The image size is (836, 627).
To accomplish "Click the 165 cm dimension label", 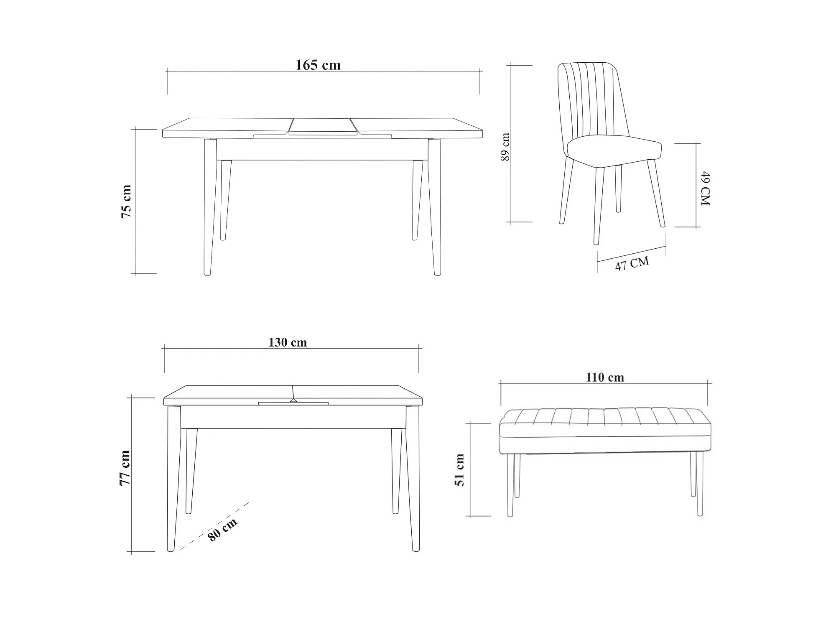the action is click(318, 65).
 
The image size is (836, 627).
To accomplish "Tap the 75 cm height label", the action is click(126, 201).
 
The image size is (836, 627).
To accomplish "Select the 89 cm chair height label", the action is click(505, 147).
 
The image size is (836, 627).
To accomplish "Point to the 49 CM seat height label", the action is click(705, 188).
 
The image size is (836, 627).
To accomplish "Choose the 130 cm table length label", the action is click(288, 343).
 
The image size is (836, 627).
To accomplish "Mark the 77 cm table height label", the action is click(125, 468).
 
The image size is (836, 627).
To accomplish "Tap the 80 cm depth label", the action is click(223, 529).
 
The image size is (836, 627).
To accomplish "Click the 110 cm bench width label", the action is click(605, 377).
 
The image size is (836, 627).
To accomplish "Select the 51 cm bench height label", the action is click(460, 470).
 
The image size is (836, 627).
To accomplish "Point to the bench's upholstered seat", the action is click(605, 431).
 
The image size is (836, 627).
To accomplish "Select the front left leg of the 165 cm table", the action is click(210, 207).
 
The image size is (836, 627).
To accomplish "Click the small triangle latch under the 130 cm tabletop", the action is click(293, 400).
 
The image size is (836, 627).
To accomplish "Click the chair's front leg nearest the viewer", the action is click(598, 205).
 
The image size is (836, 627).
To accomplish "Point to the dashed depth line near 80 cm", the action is click(214, 526).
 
